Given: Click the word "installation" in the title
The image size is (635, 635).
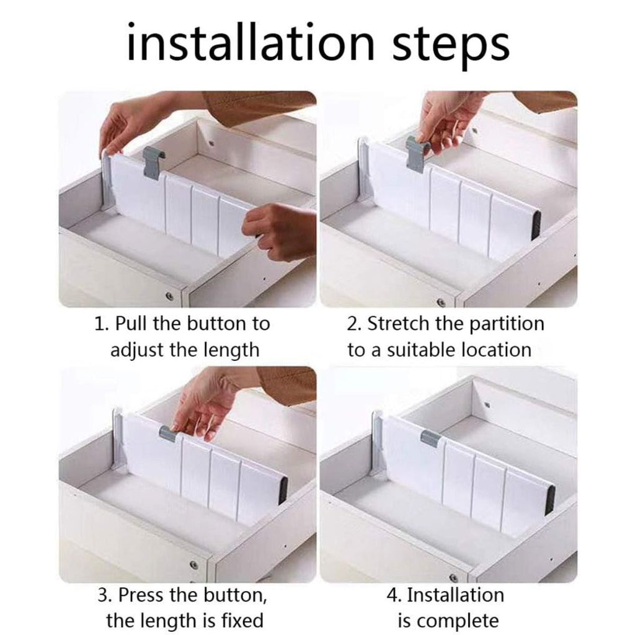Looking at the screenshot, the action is (x=251, y=43).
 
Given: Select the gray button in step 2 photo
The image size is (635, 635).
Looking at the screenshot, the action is (x=418, y=153).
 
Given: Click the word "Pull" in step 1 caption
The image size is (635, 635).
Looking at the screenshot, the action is (x=131, y=324).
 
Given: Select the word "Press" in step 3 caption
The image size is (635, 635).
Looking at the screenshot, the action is (x=141, y=595).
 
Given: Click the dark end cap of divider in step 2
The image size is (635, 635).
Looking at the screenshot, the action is (x=536, y=226).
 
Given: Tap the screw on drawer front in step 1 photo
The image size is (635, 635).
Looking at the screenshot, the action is (x=169, y=296).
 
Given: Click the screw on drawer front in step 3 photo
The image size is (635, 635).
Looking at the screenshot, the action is (x=193, y=564).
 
